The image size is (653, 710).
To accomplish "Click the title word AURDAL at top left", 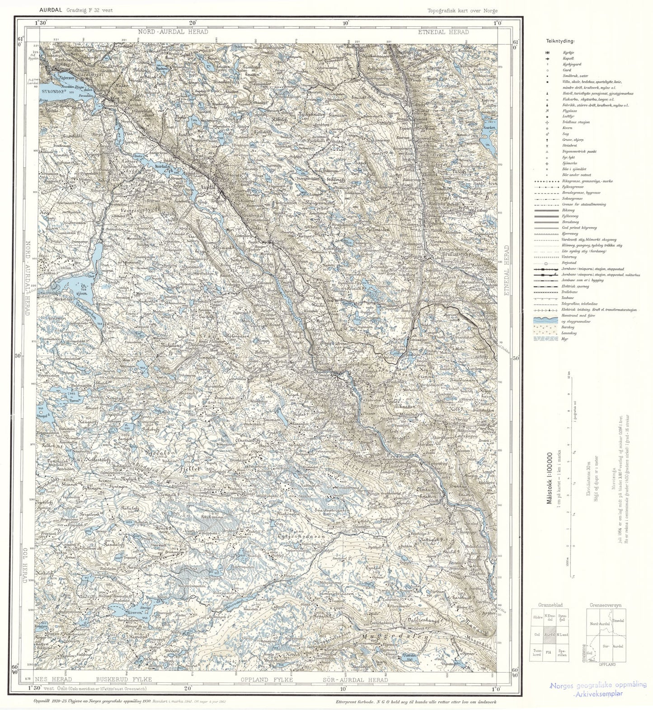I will click(51, 9).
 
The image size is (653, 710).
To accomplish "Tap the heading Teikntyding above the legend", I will click(560, 41).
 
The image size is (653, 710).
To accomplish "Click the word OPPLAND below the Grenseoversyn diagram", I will click(607, 664).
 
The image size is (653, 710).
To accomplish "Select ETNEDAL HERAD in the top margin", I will click(443, 32).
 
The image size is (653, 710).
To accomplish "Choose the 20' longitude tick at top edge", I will click(193, 23).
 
